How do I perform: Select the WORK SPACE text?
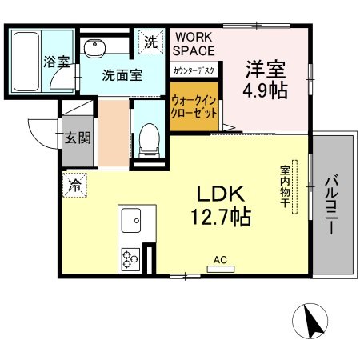coord(191,44)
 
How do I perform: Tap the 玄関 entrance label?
coord(77,137)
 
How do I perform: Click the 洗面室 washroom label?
coord(122,75)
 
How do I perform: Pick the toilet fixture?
coord(147,141)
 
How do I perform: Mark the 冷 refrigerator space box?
coord(73,184)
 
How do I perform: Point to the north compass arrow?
coord(314,322)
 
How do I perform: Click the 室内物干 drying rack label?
coord(285,189)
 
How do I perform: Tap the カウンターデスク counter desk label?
coord(192,70)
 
